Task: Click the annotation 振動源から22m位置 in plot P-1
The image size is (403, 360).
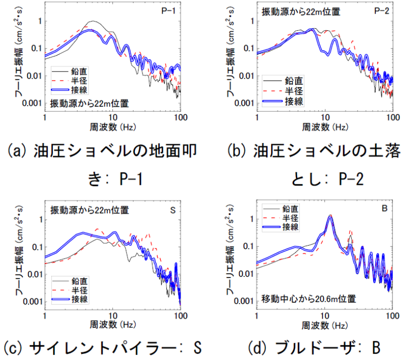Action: tap(90, 104)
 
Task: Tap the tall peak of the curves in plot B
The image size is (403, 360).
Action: tap(330, 216)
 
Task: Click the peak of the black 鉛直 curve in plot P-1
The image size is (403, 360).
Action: tap(93, 21)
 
